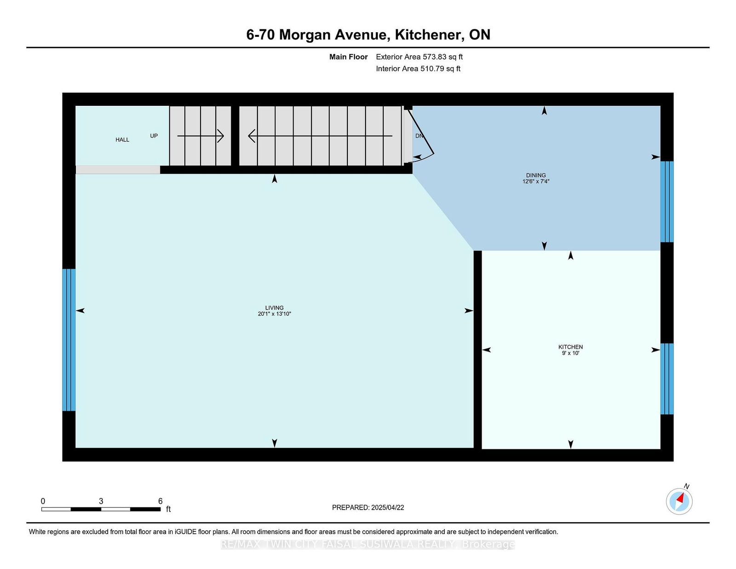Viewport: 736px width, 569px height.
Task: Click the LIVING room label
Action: click(x=274, y=308)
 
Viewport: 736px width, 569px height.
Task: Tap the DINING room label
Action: click(x=536, y=175)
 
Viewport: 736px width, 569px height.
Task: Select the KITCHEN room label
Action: click(x=570, y=347)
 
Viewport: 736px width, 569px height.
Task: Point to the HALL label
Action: click(x=122, y=140)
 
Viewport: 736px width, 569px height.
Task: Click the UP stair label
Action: click(x=154, y=136)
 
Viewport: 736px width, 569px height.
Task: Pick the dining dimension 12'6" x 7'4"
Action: click(x=536, y=182)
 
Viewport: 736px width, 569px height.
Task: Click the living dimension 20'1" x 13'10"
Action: click(x=274, y=314)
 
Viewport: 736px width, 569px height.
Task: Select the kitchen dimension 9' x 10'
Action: click(x=570, y=353)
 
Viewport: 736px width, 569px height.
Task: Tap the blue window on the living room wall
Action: click(x=69, y=339)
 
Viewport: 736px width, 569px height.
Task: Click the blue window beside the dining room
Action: click(x=667, y=201)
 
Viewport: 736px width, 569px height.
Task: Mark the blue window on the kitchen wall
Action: click(x=667, y=379)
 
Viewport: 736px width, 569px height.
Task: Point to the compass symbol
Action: click(x=679, y=501)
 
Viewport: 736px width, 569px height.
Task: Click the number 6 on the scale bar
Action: click(x=160, y=501)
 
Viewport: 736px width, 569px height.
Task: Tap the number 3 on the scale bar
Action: click(x=101, y=501)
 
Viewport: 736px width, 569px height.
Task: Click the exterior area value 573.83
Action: click(x=434, y=57)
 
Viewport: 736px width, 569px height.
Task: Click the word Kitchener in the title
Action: click(x=429, y=34)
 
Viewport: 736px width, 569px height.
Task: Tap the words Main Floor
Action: click(x=348, y=57)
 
